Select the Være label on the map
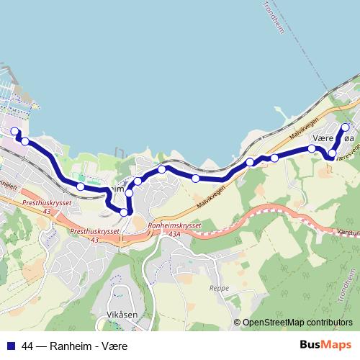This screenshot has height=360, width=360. (x=324, y=138)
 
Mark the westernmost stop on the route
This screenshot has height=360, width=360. (x=14, y=131)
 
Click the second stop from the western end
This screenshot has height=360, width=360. (x=25, y=142)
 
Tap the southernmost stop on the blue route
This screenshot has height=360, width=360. (x=124, y=212)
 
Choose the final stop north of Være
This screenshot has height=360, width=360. (x=344, y=127)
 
